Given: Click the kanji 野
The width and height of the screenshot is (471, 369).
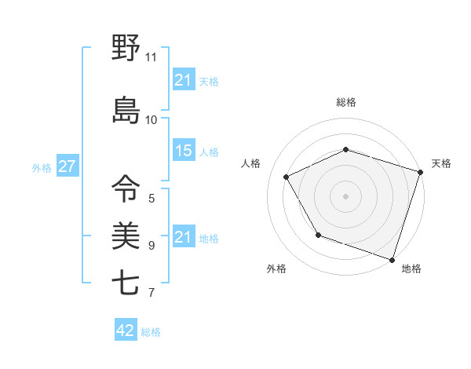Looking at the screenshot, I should [x=126, y=49].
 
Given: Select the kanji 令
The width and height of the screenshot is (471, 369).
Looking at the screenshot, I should [x=126, y=188].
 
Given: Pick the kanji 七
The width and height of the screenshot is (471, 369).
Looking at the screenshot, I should [x=126, y=283].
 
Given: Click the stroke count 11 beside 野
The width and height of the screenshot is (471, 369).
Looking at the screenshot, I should [x=152, y=57].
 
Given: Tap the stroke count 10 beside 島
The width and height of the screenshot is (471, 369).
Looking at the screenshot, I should [x=152, y=119].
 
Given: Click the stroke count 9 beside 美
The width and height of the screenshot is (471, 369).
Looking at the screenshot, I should [x=152, y=245].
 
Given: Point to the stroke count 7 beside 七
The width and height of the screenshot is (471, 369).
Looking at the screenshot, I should [x=152, y=293].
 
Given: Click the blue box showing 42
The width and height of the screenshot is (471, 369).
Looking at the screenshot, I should [x=126, y=331].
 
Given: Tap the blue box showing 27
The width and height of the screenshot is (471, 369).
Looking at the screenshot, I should [x=67, y=166].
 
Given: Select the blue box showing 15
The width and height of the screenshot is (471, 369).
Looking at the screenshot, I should [x=184, y=151].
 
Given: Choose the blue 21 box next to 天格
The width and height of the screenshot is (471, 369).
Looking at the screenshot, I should [x=184, y=79].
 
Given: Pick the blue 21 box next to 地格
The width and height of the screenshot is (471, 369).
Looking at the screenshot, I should [x=184, y=237].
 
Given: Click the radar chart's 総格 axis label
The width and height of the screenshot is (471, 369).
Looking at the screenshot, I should [x=346, y=102].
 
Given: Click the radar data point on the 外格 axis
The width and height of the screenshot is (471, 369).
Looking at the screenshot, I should [x=318, y=235].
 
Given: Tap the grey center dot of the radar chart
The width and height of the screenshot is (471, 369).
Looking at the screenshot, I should [x=346, y=195].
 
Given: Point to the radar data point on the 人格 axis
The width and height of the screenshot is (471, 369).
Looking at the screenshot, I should [x=287, y=177].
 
